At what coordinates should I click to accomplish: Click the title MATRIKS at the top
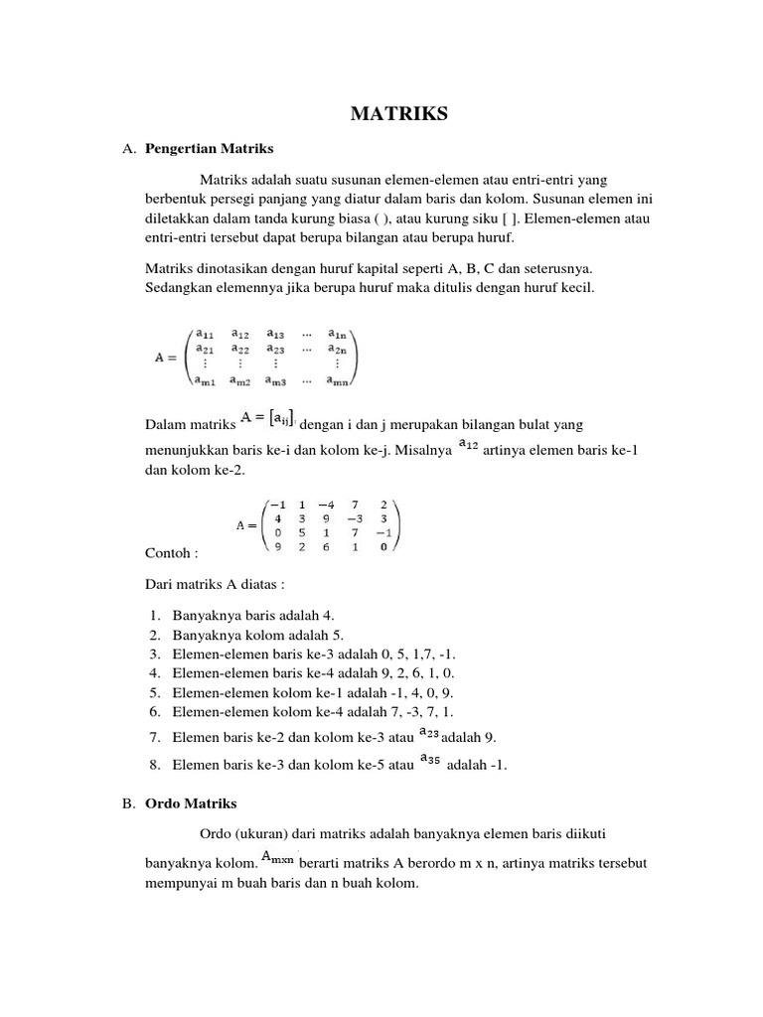point(399,114)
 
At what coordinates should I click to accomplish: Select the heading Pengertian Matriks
point(209,149)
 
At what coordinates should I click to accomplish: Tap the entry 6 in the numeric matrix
point(326,546)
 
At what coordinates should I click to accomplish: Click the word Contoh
point(172,551)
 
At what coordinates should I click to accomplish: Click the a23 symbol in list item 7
point(429,732)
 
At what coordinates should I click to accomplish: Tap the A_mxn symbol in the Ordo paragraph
point(277,857)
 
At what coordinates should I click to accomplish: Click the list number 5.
point(155,692)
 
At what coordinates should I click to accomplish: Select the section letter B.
point(127,802)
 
